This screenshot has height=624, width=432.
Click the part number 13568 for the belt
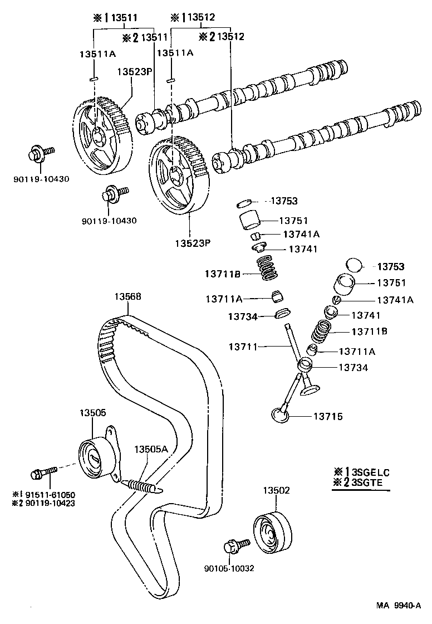pos(128,297)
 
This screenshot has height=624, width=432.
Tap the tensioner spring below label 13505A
pos(142,486)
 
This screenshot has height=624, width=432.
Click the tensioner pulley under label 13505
pos(93,458)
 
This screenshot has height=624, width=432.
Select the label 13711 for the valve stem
pos(243,347)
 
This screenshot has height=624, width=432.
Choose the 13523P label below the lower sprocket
pos(189,243)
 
